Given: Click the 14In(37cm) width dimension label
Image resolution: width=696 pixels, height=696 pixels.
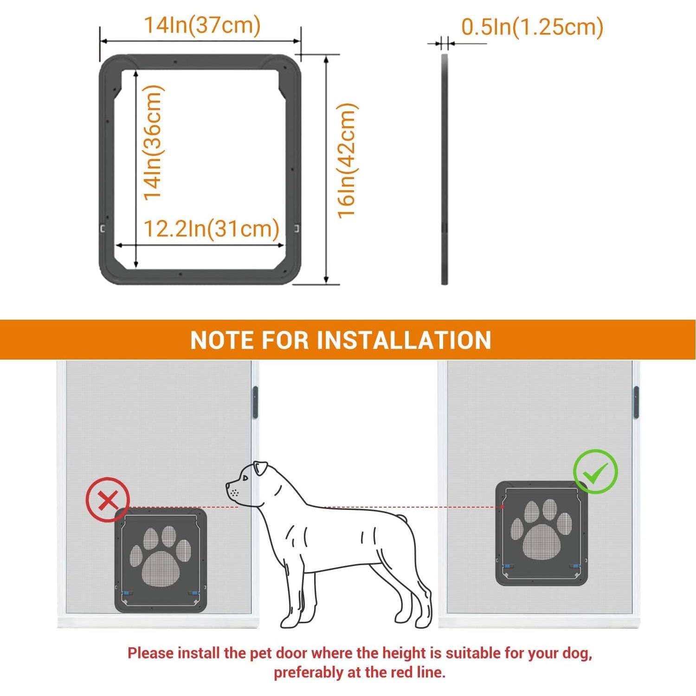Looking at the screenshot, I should click(202, 25).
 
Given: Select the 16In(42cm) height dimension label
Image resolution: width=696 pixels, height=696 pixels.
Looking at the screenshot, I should click(347, 161).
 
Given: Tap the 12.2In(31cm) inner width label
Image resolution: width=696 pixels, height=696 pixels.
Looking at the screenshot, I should click(211, 229).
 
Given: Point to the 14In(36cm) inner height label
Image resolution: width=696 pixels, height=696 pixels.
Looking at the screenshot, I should click(153, 143).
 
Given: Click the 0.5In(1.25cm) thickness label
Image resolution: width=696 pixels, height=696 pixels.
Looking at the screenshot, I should click(532, 27).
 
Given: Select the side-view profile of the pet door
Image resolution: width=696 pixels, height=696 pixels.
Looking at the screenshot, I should click(444, 169).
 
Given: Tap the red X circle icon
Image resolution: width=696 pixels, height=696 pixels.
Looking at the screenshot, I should click(108, 500).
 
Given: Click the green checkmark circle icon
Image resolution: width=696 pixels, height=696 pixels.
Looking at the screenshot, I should click(595, 471).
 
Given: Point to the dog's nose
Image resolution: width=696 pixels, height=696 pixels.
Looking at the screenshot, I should click(228, 486).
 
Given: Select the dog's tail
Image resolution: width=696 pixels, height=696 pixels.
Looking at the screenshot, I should click(403, 518).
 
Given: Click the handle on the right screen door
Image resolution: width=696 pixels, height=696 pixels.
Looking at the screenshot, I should click(636, 400).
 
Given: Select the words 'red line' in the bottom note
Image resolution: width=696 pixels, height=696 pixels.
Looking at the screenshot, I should click(417, 672).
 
